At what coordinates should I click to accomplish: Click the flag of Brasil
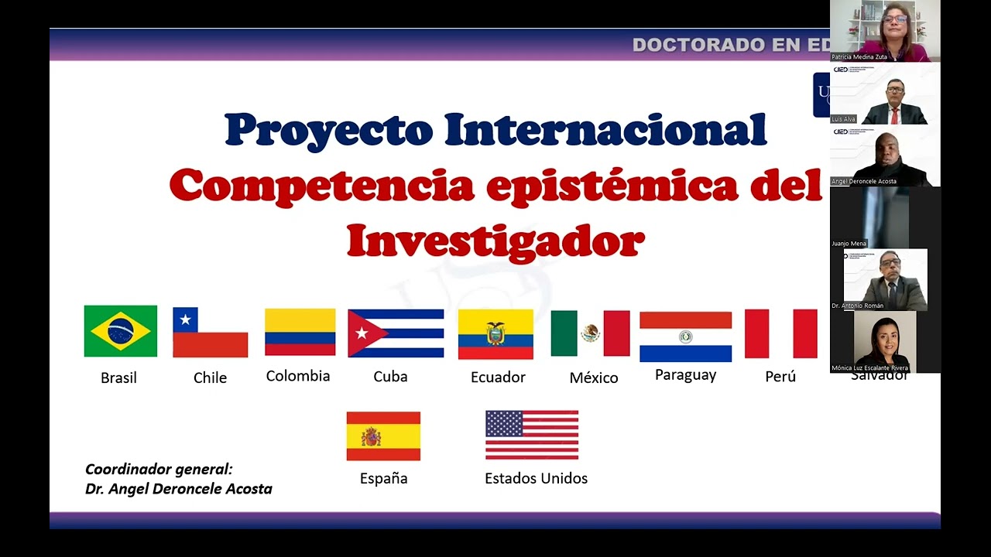121,331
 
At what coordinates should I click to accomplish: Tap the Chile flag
210,332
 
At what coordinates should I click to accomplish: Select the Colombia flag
300,332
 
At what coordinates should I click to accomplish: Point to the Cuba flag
396,333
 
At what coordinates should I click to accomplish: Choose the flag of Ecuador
495,334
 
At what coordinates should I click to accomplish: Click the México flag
590,333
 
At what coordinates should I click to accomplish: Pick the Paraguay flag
685,337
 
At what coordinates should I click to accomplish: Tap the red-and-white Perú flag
780,333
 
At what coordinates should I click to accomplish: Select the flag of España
383,436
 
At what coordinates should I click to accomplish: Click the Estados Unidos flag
532,435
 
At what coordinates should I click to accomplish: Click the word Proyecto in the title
328,130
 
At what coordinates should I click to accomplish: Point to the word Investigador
495,241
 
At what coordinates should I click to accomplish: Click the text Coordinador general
159,469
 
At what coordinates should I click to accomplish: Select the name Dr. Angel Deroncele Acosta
179,489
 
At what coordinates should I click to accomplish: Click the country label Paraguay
685,375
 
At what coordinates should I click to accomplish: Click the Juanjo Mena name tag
849,244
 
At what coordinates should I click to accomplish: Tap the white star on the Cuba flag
361,333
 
